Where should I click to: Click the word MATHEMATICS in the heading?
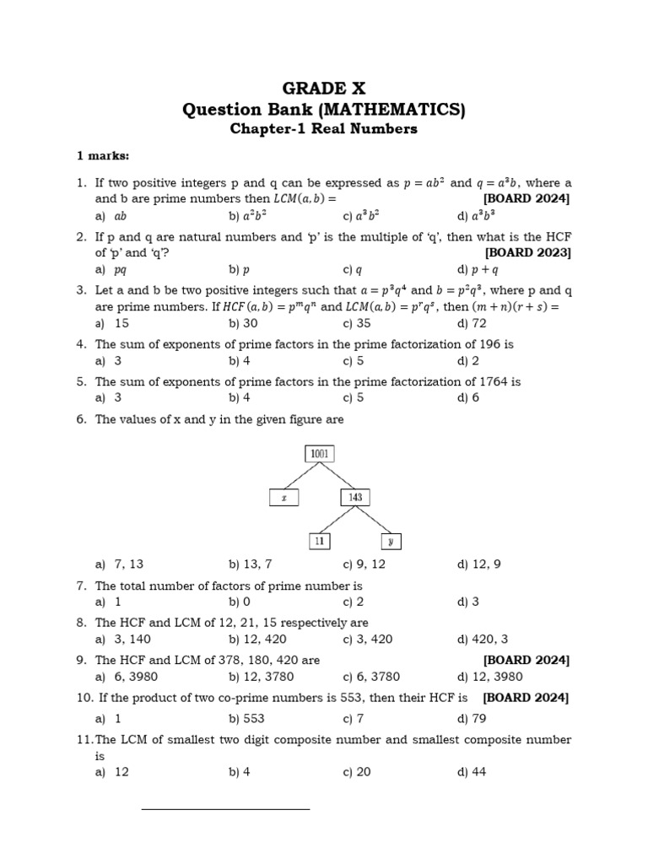coord(399,109)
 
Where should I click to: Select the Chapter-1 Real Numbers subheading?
coord(324,129)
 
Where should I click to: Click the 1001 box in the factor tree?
coord(320,453)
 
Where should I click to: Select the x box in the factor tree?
coord(284,498)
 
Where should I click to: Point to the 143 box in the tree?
coord(355,498)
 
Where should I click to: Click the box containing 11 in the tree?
coord(319,541)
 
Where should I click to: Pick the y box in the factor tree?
coord(391,541)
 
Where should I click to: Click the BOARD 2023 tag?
coord(527,252)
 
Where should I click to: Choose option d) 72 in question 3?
coord(470,323)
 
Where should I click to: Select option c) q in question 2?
coord(353,270)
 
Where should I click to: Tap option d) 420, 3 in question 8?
coord(483,639)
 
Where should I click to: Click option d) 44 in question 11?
coord(472,772)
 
